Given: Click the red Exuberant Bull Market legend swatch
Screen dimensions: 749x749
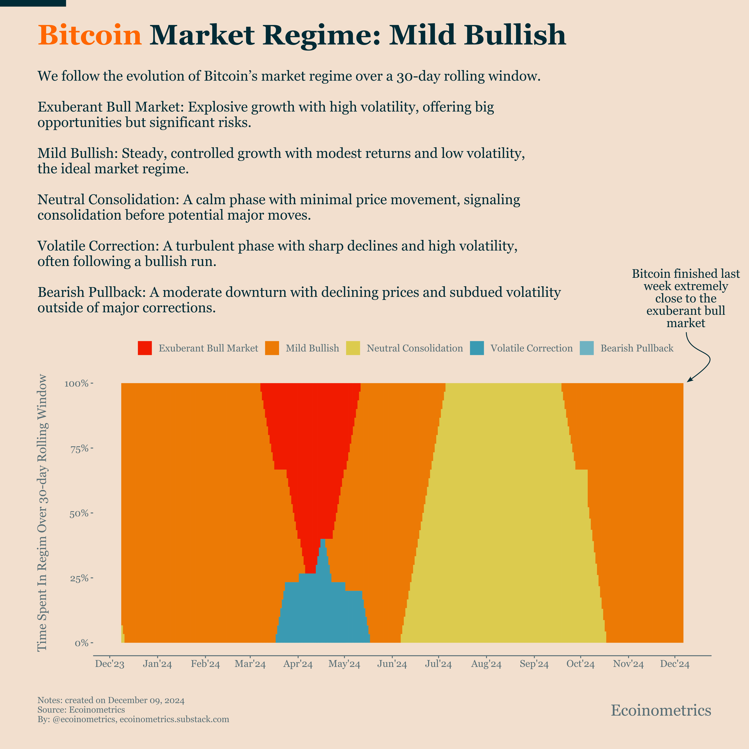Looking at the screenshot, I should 145,348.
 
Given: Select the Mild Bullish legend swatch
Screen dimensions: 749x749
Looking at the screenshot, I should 272,348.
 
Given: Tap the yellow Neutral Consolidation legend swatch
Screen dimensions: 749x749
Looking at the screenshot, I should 353,348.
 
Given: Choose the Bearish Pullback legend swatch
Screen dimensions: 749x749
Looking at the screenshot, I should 587,348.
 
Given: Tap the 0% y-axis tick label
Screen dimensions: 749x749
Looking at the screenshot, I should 82,643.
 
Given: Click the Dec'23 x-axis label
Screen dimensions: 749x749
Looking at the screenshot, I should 110,664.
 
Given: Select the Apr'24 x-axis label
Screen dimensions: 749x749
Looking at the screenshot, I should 298,664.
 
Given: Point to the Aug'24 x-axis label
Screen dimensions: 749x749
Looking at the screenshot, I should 486,664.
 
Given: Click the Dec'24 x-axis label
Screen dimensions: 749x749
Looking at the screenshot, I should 675,664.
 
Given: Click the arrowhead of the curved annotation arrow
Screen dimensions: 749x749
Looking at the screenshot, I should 689,381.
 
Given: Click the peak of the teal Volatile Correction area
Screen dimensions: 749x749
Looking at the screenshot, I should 323,540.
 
